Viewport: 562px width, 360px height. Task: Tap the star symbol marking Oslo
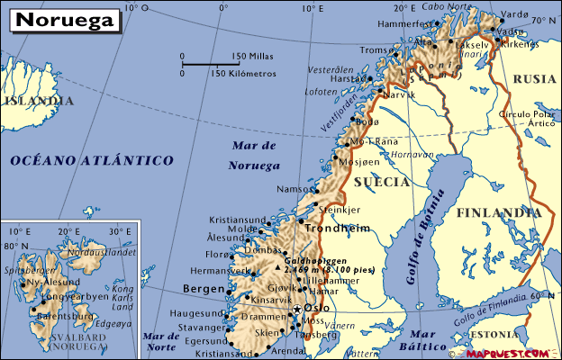click(x=297, y=310)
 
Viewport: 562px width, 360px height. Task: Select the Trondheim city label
click(x=338, y=229)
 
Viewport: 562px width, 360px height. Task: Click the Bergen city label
click(x=203, y=288)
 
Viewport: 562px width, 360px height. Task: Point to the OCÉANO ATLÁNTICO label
click(x=92, y=160)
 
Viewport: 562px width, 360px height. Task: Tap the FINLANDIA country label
click(x=498, y=213)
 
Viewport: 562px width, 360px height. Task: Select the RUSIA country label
click(x=534, y=79)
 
